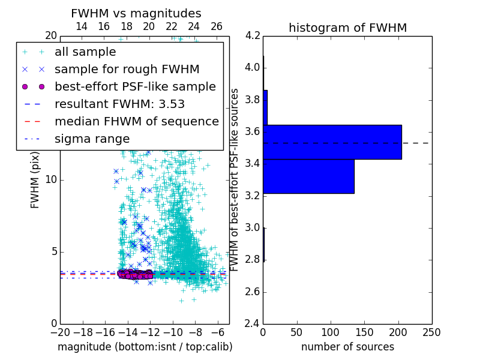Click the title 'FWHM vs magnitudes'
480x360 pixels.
click(x=136, y=13)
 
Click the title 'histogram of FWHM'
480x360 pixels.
click(x=347, y=28)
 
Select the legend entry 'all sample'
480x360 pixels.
click(x=85, y=52)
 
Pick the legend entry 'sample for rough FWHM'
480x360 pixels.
click(x=127, y=69)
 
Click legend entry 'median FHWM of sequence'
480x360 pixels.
click(x=136, y=121)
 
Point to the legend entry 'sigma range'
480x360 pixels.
click(x=92, y=139)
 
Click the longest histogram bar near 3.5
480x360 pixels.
click(x=332, y=142)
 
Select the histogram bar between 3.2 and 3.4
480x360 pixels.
click(x=308, y=176)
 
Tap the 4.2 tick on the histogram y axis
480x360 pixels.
click(x=252, y=35)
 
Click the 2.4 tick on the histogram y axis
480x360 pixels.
click(x=252, y=324)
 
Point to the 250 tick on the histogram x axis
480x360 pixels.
click(x=431, y=332)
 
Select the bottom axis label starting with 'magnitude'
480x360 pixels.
click(x=145, y=347)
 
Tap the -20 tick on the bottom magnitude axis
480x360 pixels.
click(x=60, y=332)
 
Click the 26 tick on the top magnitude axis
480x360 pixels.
click(x=217, y=26)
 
